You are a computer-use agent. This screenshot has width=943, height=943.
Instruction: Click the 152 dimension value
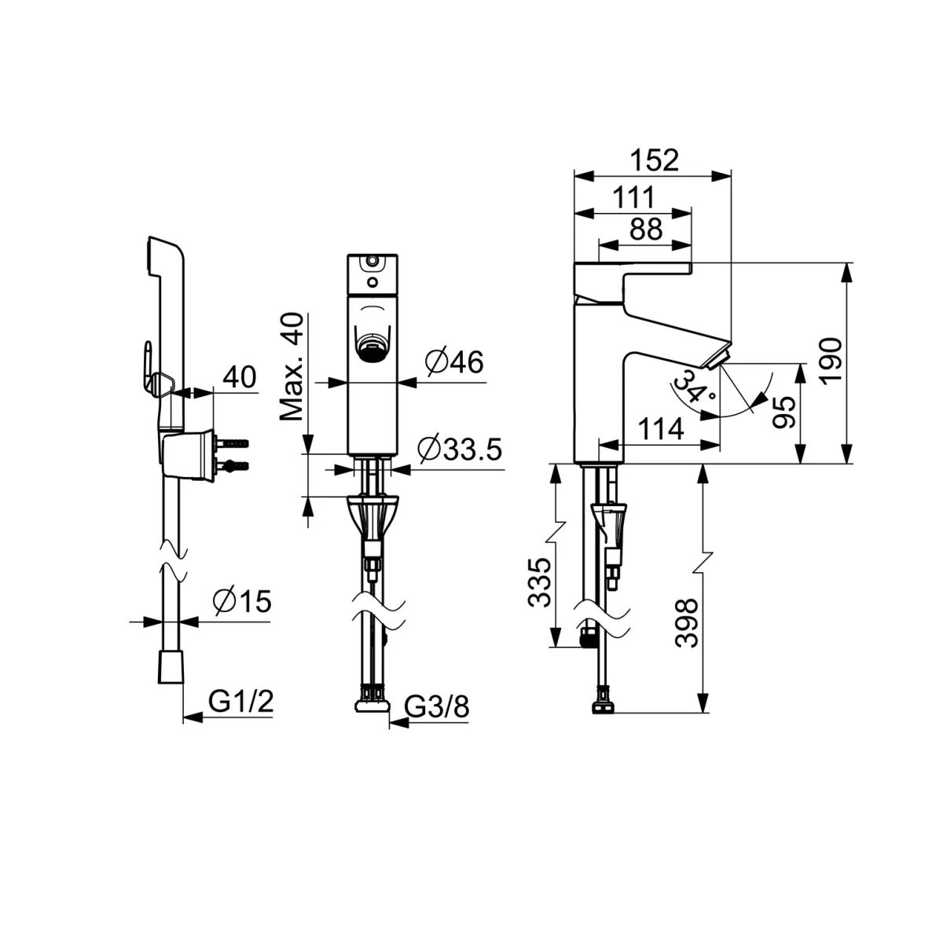point(655,160)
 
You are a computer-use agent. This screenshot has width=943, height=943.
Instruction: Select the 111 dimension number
point(633,197)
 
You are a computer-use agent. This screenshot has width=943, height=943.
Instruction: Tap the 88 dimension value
point(646,228)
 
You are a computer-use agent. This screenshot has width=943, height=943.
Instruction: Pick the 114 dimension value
point(661,429)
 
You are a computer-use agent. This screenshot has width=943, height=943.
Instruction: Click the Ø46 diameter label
point(455,362)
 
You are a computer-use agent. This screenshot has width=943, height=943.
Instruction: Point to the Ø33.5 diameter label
point(460,449)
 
